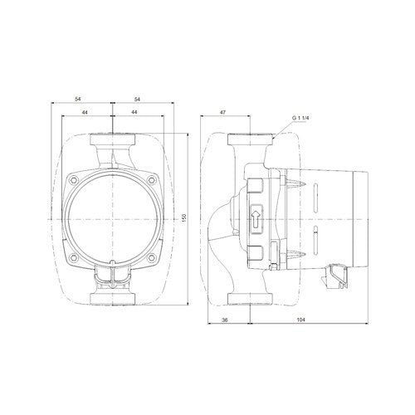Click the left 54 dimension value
79,99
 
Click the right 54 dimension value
137,99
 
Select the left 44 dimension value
85,112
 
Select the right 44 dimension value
134,112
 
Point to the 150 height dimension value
184,217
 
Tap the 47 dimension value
223,112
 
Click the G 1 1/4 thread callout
300,118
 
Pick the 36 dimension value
225,320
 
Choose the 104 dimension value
300,320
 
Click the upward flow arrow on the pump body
256,218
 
